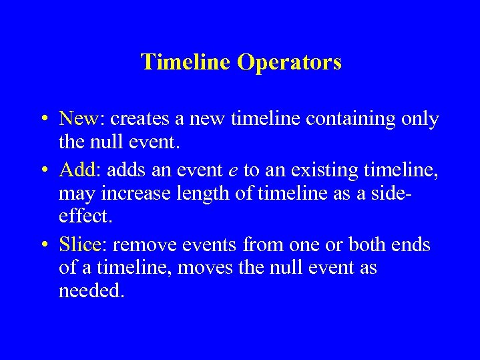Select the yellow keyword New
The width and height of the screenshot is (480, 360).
pyautogui.click(x=78, y=119)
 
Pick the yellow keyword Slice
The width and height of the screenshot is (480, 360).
pyautogui.click(x=79, y=244)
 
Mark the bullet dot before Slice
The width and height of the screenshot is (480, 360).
pyautogui.click(x=43, y=246)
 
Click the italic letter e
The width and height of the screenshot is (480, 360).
pyautogui.click(x=233, y=172)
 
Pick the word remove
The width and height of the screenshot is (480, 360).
pyautogui.click(x=142, y=245)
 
